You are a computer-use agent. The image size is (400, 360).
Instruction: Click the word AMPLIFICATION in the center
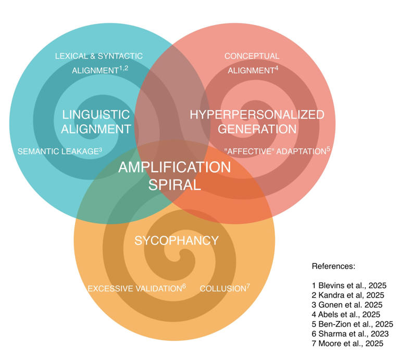pos(174,168)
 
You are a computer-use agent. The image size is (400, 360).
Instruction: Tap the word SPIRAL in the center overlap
pos(175,185)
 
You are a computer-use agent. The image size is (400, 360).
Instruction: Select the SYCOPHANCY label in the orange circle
pos(177,240)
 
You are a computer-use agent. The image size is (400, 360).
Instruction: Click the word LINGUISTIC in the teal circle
pos(96,114)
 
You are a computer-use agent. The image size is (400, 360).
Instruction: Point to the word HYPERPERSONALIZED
pos(257,114)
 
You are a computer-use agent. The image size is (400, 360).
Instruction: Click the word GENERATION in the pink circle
pos(257,129)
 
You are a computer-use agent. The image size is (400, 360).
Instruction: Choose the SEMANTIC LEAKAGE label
pos(60,151)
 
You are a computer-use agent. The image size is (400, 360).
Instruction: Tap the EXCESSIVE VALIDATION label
pos(137,288)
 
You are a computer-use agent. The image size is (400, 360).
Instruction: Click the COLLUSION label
pos(225,288)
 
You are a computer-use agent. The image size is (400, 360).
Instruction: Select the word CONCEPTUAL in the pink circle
pos(252,56)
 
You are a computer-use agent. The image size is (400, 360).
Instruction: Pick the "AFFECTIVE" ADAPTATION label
pos(277,151)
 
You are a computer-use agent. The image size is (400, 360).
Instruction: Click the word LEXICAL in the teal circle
pos(71,56)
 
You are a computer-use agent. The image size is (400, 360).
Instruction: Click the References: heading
pos(333,266)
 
